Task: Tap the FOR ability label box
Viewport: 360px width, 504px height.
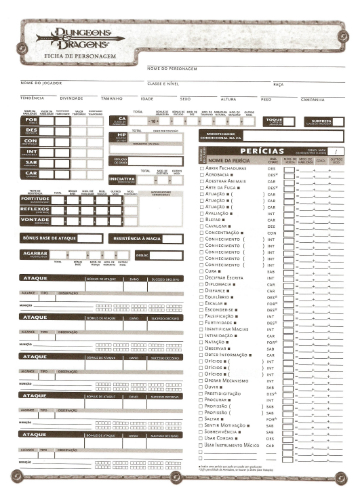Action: point(32,121)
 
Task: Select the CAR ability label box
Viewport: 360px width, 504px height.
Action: point(32,174)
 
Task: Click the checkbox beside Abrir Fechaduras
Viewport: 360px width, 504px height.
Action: point(201,168)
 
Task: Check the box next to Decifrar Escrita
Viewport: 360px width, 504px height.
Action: point(201,277)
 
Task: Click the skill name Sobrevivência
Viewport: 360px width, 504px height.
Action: point(225,431)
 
